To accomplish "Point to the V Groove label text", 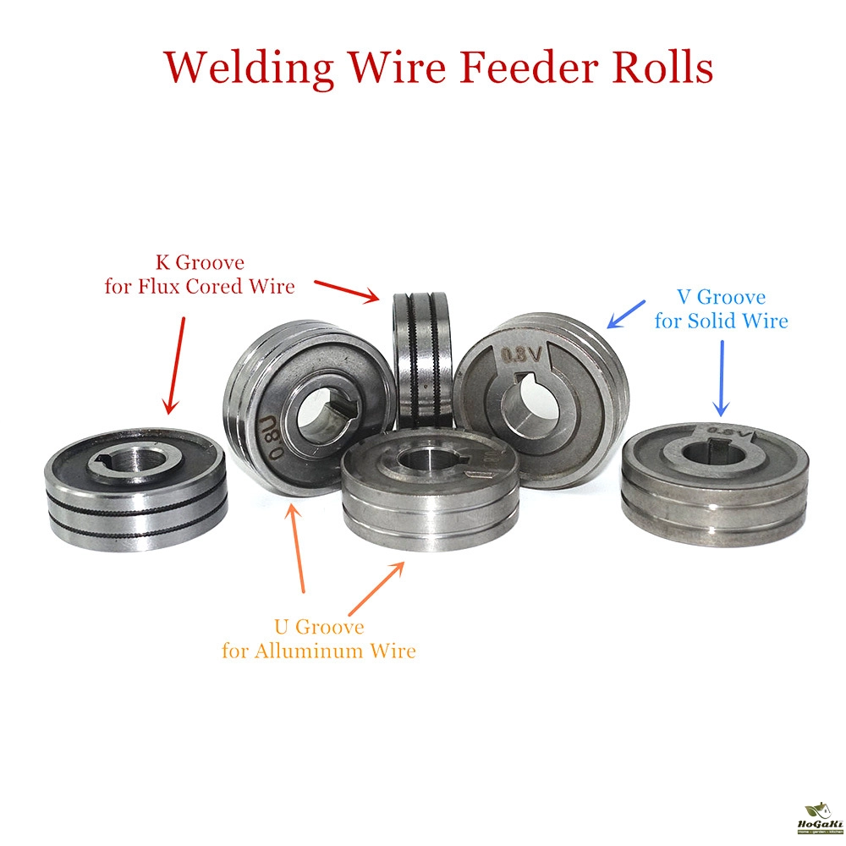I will pyautogui.click(x=721, y=298).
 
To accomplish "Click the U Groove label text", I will pyautogui.click(x=319, y=628).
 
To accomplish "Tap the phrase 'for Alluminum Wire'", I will pyautogui.click(x=319, y=651).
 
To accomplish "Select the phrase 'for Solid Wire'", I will pyautogui.click(x=721, y=321).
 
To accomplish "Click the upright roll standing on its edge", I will pyautogui.click(x=422, y=360).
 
